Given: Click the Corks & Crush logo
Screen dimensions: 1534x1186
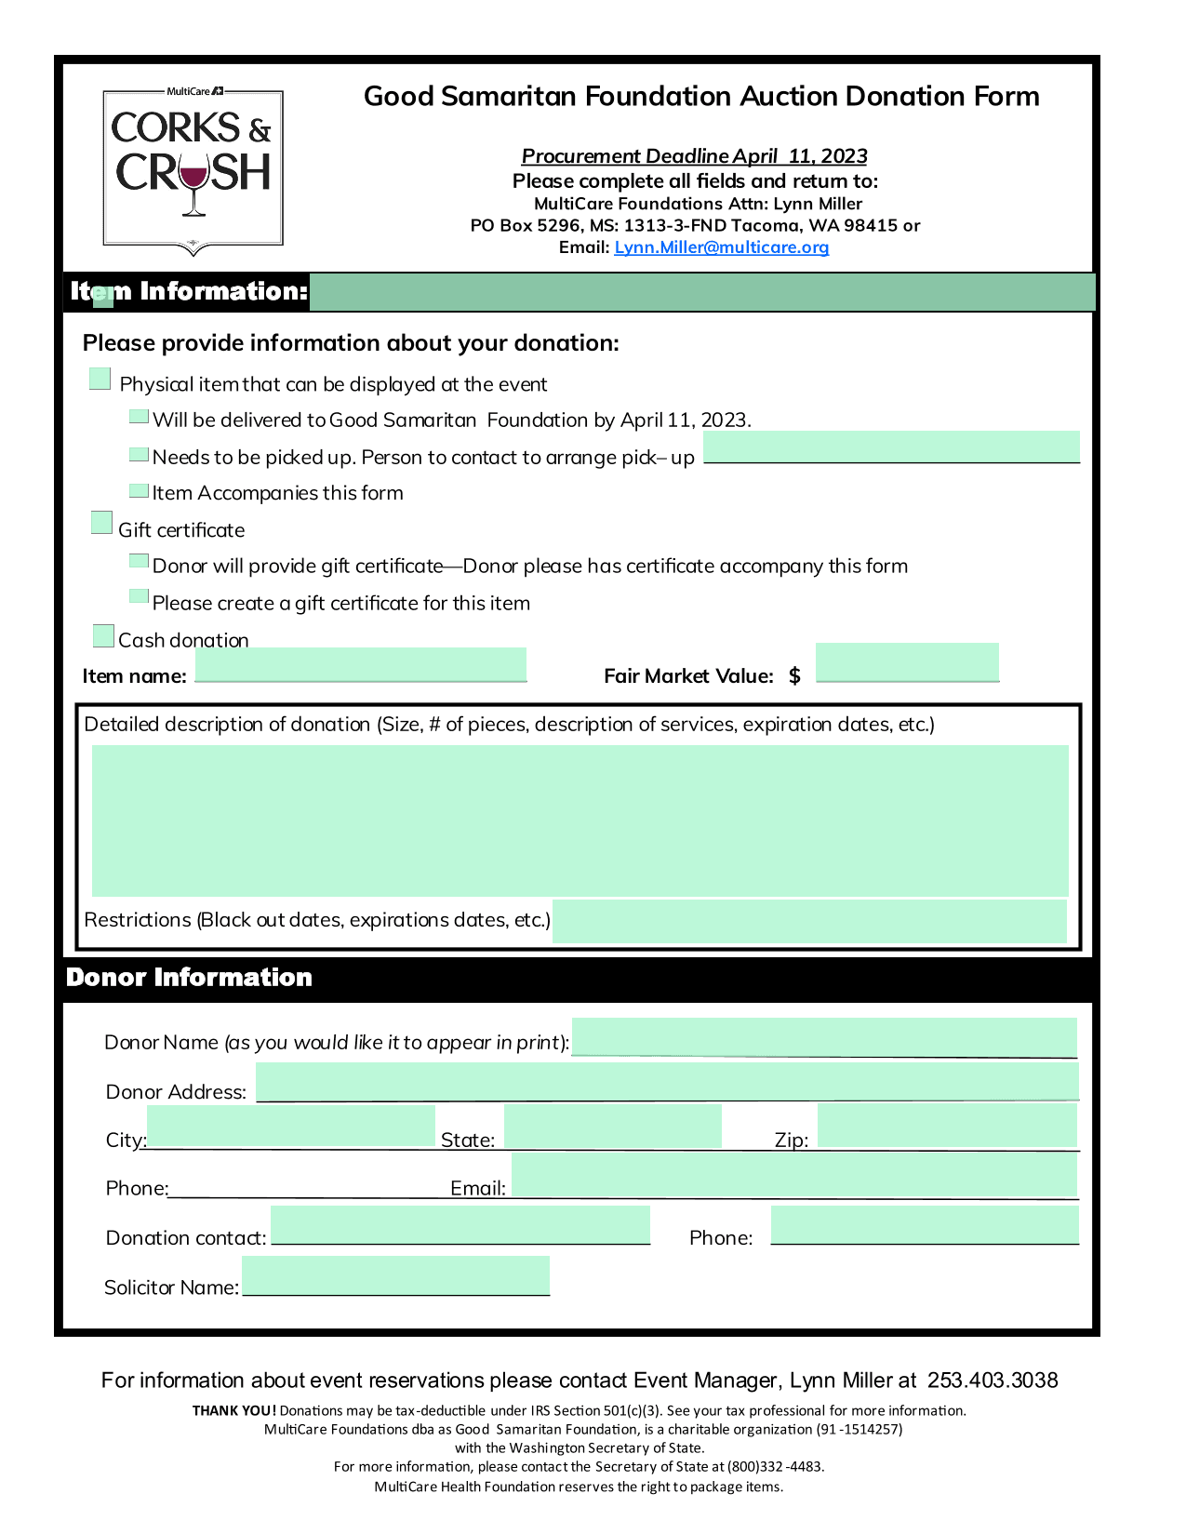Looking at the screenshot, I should coord(193,168).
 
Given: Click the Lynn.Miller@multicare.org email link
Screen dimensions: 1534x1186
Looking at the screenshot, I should coord(721,247).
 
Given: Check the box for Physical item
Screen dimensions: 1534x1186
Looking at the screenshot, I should coord(100,379).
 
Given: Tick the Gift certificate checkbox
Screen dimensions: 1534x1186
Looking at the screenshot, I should coord(102,523).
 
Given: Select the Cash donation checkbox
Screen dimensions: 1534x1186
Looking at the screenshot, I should coord(103,635).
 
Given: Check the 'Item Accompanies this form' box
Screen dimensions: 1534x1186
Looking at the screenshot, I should coord(139,490).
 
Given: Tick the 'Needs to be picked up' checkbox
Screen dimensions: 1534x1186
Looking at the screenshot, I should coord(139,454).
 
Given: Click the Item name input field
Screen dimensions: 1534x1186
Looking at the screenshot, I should coord(361,664).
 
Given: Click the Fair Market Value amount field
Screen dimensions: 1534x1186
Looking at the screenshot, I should coord(907,661).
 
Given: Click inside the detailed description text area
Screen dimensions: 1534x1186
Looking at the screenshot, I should coord(580,820).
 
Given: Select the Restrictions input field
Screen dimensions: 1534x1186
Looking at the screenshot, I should coord(809,921).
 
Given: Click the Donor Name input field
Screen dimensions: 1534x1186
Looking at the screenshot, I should coord(824,1037).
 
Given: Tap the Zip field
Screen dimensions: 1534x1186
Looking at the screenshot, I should coord(947,1126).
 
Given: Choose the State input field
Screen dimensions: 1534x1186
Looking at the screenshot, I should coord(612,1126).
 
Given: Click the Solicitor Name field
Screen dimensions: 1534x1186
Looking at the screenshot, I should coord(395,1274).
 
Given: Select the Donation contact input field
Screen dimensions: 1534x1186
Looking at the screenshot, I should coord(460,1224).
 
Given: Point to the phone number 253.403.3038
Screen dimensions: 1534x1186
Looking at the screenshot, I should coord(993,1381).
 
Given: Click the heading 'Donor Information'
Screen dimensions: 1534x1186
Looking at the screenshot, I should coord(190,978).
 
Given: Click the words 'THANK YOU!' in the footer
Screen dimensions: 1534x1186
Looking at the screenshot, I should coord(234,1410).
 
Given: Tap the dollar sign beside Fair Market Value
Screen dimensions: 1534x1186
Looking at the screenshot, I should coord(794,676).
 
